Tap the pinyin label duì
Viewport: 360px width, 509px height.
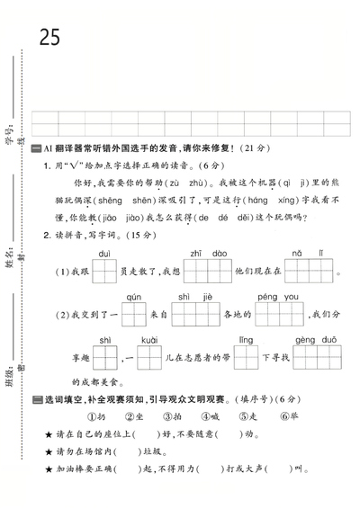pos(104,254)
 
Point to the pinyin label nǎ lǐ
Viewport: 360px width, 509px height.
pos(301,254)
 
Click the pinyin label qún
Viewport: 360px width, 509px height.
pos(133,297)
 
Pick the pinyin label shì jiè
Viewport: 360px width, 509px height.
pos(194,297)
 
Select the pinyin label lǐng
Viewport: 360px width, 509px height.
pos(246,340)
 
